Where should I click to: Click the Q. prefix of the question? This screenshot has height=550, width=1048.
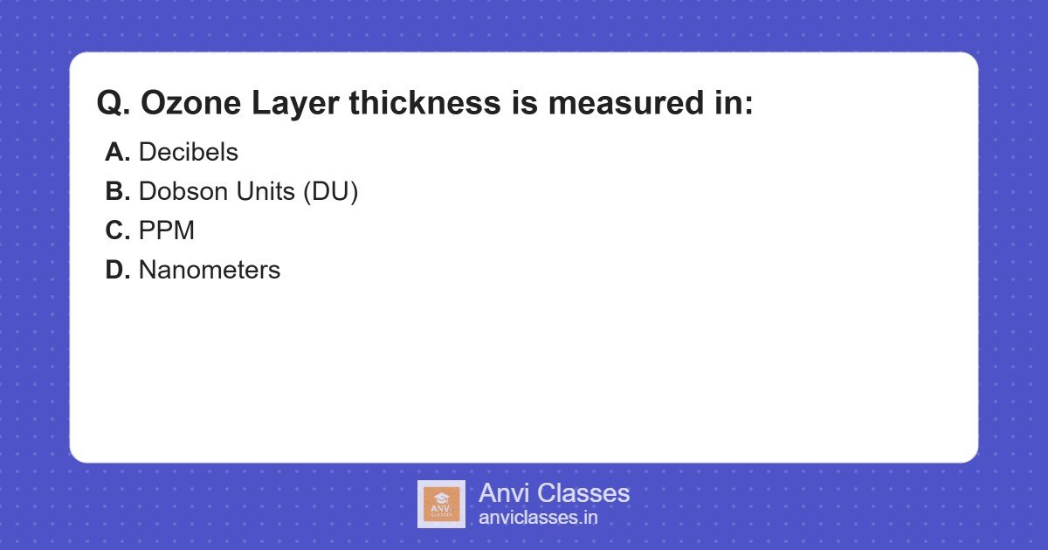[x=114, y=104]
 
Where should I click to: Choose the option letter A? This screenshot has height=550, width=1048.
[x=117, y=153]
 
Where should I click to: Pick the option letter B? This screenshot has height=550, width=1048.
[x=117, y=192]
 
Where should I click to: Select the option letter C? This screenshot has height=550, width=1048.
[x=117, y=231]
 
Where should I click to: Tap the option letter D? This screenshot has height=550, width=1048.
[x=117, y=271]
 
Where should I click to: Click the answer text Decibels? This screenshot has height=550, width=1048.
[x=189, y=153]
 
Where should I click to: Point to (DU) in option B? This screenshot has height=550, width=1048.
[x=331, y=192]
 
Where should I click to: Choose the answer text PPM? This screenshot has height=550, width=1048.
[x=167, y=231]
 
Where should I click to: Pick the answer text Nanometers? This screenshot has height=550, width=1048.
[x=210, y=271]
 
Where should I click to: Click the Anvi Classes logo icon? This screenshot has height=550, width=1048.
[x=441, y=504]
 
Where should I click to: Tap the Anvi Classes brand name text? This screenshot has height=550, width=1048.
[x=554, y=493]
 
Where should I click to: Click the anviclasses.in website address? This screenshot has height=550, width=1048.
[x=538, y=518]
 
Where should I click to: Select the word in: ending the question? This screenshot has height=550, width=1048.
[x=731, y=104]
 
